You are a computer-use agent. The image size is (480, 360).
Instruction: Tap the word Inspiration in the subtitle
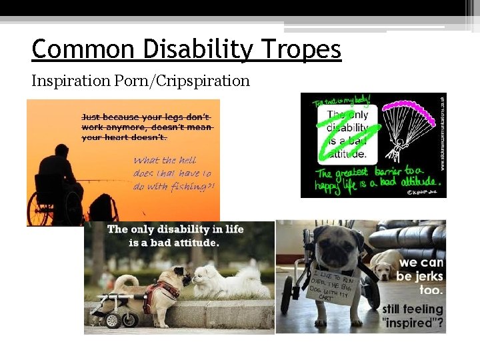coord(70,81)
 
